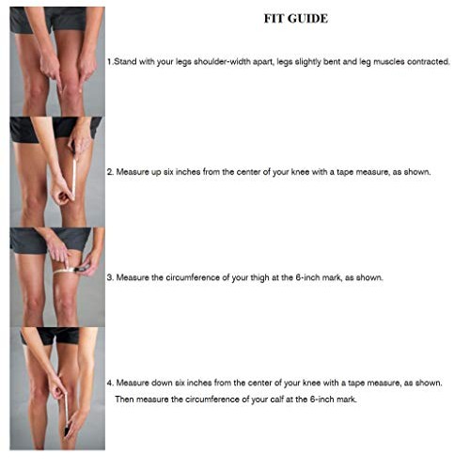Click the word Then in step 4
click(126, 399)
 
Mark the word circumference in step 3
click(199, 277)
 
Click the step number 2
click(109, 172)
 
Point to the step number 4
click(109, 383)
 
